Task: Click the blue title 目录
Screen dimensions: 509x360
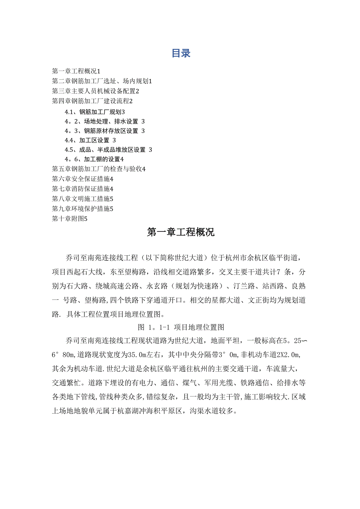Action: click(181, 54)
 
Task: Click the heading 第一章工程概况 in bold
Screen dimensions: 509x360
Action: click(180, 232)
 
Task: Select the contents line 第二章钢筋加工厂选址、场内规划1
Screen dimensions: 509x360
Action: click(102, 81)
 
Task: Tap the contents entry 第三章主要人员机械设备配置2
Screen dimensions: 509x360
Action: click(95, 91)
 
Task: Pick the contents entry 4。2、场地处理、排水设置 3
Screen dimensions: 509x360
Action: click(105, 121)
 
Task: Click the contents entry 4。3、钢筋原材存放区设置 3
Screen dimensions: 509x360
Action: click(105, 131)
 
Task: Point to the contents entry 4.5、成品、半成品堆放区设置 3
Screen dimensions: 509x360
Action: click(108, 149)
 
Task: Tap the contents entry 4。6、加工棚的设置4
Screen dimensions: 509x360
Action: click(94, 159)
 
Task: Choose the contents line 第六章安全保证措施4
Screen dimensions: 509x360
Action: click(83, 179)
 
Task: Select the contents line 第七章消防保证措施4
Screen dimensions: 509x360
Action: click(83, 189)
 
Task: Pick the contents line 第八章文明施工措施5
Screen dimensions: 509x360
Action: click(83, 199)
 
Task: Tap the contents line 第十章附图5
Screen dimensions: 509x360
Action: click(70, 219)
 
